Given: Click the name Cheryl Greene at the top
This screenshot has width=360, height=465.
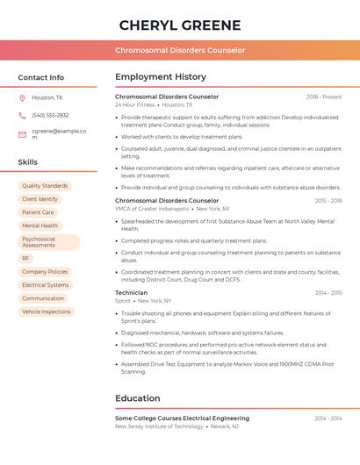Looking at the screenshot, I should pos(179,25).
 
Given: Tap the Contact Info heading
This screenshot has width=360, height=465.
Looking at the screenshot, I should pos(41,77).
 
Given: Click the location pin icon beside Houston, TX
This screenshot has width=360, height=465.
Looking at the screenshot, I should pos(22,98).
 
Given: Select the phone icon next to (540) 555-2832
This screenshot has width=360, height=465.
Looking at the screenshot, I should pos(22,115).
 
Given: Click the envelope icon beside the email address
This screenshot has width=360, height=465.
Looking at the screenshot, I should pos(22,134).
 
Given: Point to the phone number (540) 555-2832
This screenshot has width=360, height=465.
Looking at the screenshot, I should pos(50,115).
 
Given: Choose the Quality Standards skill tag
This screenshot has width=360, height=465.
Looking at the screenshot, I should pos(45,186).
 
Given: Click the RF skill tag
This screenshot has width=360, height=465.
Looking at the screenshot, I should pos(26,259).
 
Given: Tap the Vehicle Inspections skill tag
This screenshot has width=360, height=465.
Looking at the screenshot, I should pos(46,311).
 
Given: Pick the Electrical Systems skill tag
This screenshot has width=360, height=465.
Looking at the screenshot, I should pos(45,285).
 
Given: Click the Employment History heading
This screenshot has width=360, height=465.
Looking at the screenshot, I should pos(161,77).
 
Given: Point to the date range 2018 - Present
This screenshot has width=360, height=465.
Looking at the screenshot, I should pos(324,97).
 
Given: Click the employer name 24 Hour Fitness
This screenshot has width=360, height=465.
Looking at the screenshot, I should pos(133,105).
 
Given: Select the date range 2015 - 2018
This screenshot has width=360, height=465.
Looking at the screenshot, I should pos(328,201).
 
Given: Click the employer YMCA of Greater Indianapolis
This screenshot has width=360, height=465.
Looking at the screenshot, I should pos(152,209).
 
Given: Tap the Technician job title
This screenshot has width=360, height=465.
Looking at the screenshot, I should pos(132,293).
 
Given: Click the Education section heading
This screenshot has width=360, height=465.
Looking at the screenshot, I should pos(138,398).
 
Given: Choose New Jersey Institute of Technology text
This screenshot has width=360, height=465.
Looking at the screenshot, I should pos(159,426).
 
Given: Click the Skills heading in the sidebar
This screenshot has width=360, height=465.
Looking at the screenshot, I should pos(28,162).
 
